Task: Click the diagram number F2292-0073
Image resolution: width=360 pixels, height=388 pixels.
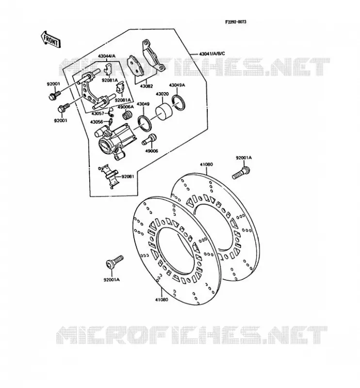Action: pos(235,22)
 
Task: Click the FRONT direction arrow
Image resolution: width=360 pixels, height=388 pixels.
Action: pos(50,40)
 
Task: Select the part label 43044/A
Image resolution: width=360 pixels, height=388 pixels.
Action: pos(106,56)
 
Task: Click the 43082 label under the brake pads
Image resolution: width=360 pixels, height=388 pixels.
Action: pos(147,86)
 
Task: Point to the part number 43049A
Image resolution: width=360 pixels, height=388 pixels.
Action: pos(177,85)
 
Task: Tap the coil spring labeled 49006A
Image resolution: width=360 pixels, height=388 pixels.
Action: pos(128,115)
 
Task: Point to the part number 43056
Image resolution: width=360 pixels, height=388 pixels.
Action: pos(97,122)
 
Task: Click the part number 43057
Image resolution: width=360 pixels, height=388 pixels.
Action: pos(98,113)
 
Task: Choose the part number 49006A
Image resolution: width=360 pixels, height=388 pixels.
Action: pos(126,107)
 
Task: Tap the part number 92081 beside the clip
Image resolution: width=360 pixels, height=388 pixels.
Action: pos(128,177)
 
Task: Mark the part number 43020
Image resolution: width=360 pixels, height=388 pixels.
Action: pos(162,94)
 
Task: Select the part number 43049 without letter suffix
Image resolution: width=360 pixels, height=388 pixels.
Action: pos(143,104)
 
